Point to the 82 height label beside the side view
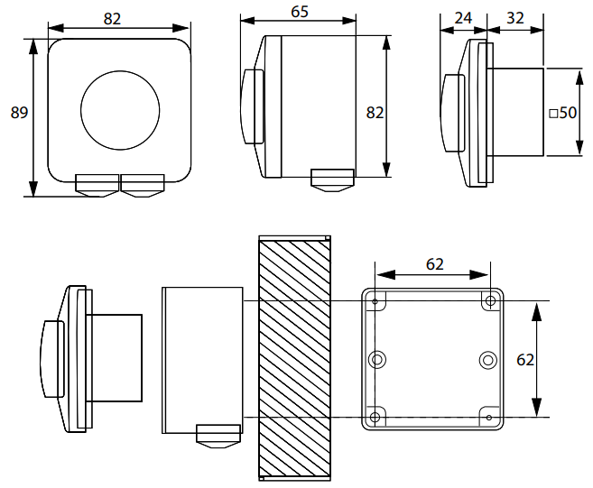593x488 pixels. (375, 112)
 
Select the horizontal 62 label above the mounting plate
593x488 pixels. (434, 264)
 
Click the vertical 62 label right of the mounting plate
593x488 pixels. (524, 359)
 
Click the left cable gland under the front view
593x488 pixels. (97, 185)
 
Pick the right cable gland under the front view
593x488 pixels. (143, 185)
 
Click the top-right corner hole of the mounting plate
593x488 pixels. (489, 300)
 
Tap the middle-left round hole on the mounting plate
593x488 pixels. (377, 360)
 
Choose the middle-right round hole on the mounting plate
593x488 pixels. (487, 360)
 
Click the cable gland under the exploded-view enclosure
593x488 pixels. (218, 436)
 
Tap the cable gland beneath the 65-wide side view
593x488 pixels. (331, 178)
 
